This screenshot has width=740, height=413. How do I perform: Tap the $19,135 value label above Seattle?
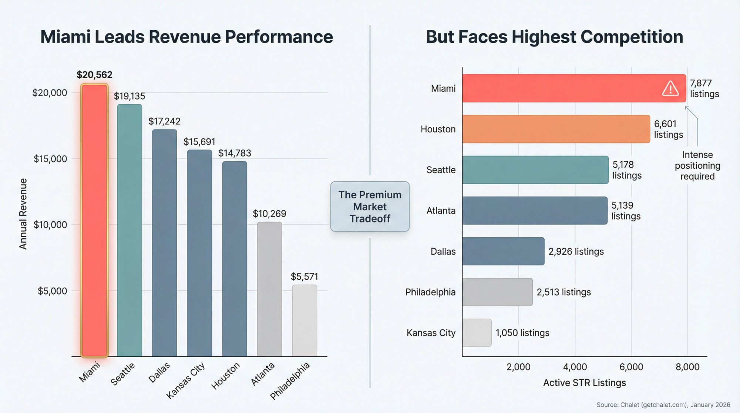coord(129,96)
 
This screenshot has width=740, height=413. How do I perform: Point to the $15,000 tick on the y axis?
coord(50,159)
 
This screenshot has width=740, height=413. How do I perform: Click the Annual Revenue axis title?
coord(23,214)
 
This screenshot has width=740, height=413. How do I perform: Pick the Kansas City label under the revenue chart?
coord(185,380)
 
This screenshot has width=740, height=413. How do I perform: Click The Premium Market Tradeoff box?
coord(370,206)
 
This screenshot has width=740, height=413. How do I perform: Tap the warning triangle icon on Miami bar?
coord(670,89)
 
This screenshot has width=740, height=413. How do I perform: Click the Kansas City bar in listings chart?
coord(477,332)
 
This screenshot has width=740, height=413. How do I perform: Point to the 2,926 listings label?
coord(576,252)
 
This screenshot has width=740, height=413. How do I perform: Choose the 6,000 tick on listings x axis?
coord(631,367)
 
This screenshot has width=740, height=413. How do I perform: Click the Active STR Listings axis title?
coord(584,383)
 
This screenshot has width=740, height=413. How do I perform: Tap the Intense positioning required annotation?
coord(697,165)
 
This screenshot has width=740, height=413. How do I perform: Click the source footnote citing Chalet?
coord(663,405)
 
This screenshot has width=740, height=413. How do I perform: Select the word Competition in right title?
coord(632,37)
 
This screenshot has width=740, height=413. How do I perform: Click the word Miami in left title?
coord(65,37)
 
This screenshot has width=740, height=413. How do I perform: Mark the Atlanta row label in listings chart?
coord(441,211)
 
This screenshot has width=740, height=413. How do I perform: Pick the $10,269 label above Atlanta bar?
coord(269,214)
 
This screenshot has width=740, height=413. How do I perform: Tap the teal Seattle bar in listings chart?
coord(535,169)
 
